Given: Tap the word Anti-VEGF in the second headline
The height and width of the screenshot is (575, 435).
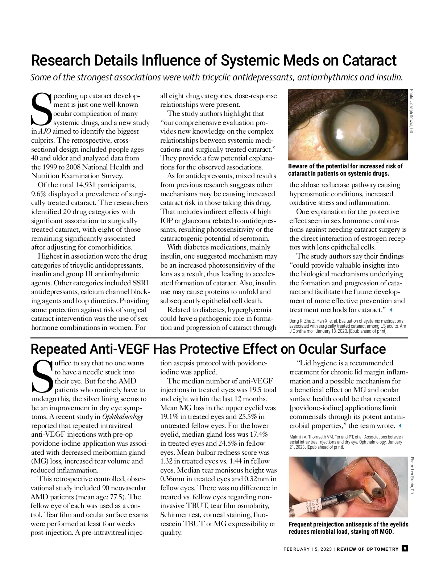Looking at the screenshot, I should (119, 349).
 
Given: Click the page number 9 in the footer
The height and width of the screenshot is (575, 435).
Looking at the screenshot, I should (405, 549).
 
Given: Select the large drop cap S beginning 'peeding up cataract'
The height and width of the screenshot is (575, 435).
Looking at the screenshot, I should (41, 108).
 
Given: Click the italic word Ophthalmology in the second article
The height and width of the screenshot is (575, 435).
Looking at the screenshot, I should (123, 417).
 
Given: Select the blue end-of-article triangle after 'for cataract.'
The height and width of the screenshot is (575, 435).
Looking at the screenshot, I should (391, 310).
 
